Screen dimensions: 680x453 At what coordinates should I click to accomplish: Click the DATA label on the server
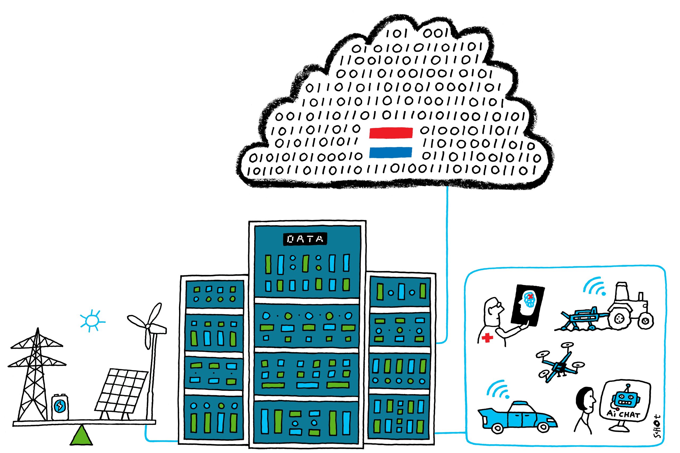coord(305,239)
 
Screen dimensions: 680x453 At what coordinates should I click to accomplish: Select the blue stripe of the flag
coord(390,152)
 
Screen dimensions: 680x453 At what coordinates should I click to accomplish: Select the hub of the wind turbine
coord(148,326)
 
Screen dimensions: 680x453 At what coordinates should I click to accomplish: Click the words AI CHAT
coord(624,414)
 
